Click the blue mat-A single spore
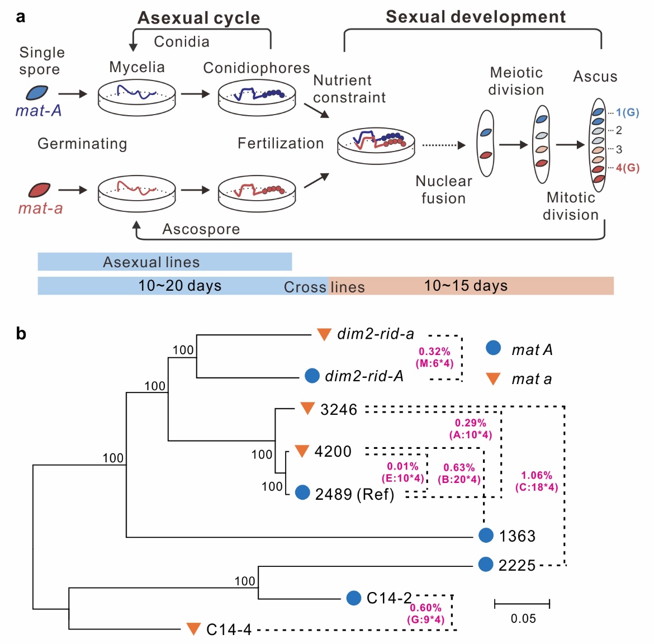(37, 93)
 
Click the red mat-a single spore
(39, 190)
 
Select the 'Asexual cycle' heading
(198, 18)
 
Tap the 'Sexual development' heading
(476, 17)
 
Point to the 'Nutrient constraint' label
(349, 89)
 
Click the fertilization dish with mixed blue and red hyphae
(376, 144)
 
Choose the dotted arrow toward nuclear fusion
(443, 145)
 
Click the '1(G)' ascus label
(627, 112)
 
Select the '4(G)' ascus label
(627, 168)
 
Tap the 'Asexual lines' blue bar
(164, 262)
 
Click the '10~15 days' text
(466, 286)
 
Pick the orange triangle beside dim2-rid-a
(324, 334)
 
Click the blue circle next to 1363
(486, 535)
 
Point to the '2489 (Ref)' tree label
(354, 494)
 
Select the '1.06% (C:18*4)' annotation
(536, 481)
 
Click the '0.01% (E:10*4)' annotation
(402, 472)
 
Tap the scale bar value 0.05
(523, 618)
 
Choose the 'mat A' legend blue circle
(493, 348)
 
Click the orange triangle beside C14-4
(193, 629)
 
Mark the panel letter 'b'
(21, 334)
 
